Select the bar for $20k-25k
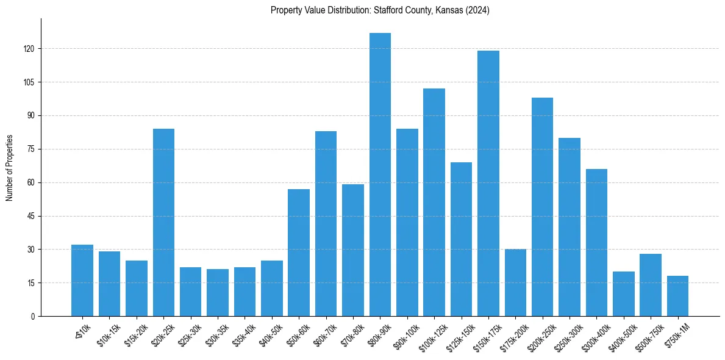coord(163,223)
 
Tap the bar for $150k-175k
coord(488,183)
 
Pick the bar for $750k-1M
coord(677,296)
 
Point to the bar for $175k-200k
coord(515,283)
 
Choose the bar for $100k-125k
coord(434,202)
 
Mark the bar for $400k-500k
coord(623,294)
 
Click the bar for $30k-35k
coord(218,293)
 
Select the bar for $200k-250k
coord(542,207)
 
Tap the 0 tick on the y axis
coord(35,317)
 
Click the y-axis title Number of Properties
coord(9,168)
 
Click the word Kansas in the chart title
coord(448,10)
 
